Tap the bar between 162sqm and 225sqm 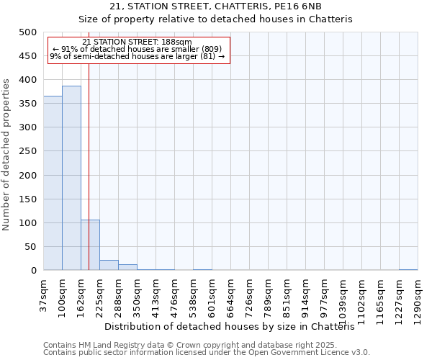pyautogui.click(x=90, y=245)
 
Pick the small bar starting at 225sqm pyautogui.click(x=109, y=265)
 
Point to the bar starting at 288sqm pyautogui.click(x=127, y=267)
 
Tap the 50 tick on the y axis pyautogui.click(x=30, y=247)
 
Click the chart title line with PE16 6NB pyautogui.click(x=215, y=6)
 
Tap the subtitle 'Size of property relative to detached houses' pyautogui.click(x=215, y=19)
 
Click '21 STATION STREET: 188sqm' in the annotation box pyautogui.click(x=138, y=42)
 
